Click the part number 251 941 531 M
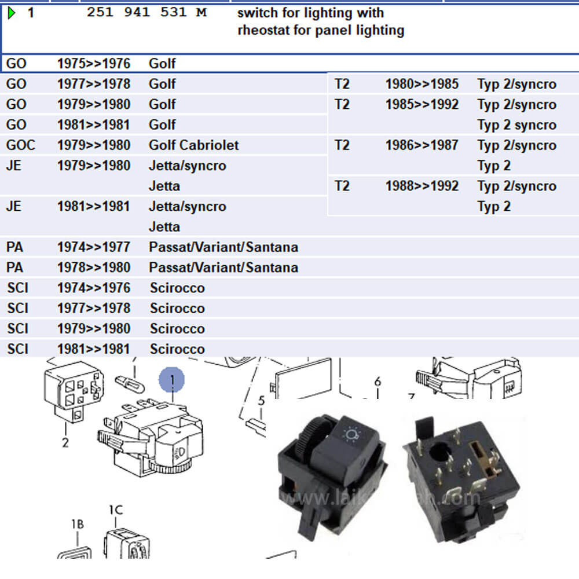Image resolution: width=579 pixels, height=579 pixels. pos(146,13)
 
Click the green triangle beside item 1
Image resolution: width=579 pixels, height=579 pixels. pos(12,13)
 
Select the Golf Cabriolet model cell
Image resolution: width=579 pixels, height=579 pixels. pos(193,145)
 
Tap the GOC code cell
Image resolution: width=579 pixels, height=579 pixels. pos(20,145)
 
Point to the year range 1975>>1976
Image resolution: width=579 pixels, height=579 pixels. pos(93,64)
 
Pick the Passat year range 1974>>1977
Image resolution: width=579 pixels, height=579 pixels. pos(93,247)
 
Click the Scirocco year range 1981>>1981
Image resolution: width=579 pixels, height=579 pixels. pos(93,349)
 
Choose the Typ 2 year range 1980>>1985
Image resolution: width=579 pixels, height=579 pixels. pos(422,84)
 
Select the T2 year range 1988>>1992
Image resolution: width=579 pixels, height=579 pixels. pos(422,186)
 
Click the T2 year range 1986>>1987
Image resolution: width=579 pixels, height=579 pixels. pos(422,145)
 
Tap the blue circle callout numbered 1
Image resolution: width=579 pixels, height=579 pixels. pos(172,380)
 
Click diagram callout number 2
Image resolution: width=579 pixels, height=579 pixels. pos(65,443)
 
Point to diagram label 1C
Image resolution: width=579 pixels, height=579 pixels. pos(116,510)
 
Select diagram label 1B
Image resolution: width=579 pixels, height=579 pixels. pos(78,524)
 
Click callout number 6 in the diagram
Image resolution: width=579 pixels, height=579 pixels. pos(378,382)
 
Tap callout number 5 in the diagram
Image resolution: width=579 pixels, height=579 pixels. pos(261,401)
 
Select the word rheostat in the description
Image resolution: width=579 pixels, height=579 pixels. pos(263,30)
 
